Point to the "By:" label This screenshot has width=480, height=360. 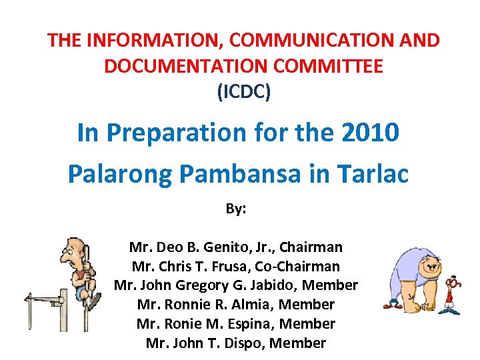[236, 209]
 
